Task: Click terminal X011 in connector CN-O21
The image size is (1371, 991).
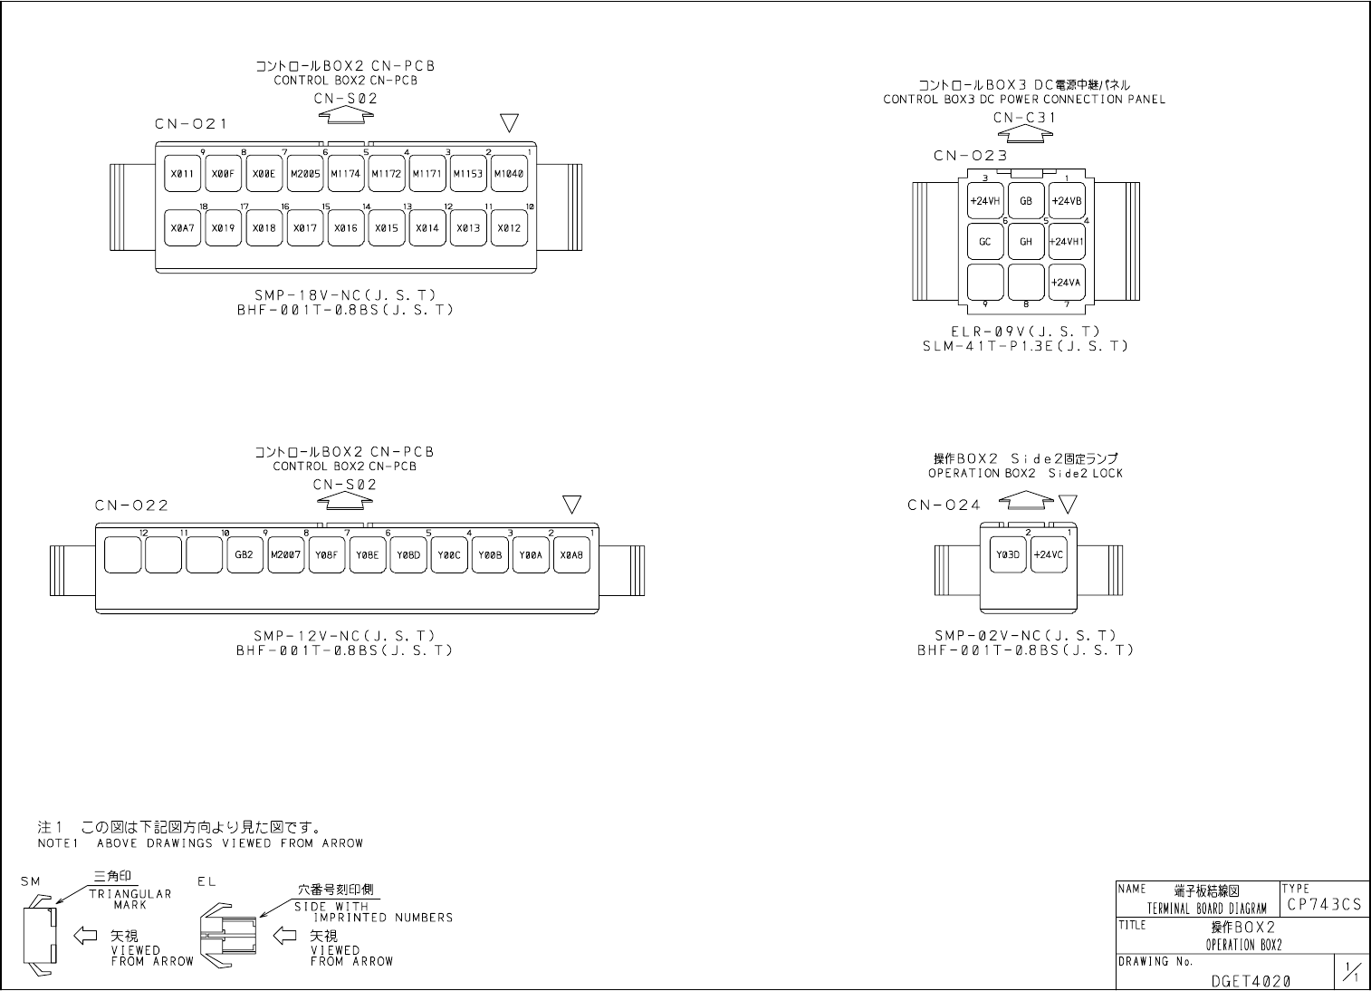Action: (182, 174)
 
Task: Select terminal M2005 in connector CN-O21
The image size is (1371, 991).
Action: (305, 174)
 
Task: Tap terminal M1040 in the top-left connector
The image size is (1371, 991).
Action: (509, 174)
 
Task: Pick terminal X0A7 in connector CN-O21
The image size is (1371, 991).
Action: (182, 228)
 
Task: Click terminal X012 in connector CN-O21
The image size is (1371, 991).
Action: (509, 228)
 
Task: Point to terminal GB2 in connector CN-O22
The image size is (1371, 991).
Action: (244, 555)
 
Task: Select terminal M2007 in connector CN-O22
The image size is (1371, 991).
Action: (285, 555)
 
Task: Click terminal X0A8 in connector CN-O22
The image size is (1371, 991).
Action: (571, 555)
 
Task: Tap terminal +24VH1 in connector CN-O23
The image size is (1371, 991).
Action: (1067, 242)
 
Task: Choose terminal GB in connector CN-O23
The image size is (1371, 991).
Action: (1026, 201)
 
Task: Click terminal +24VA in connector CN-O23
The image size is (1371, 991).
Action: (1067, 282)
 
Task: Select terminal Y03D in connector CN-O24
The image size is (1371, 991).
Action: (1007, 555)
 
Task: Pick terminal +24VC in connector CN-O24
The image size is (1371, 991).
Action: (1048, 555)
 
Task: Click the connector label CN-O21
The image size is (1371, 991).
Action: (190, 124)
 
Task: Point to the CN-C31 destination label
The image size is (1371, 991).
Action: (1024, 118)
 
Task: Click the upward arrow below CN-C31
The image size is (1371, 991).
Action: (1025, 133)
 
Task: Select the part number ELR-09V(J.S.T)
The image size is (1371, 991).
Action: (1025, 332)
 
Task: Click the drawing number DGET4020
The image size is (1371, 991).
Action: (1250, 980)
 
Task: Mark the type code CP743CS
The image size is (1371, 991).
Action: (1323, 905)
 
